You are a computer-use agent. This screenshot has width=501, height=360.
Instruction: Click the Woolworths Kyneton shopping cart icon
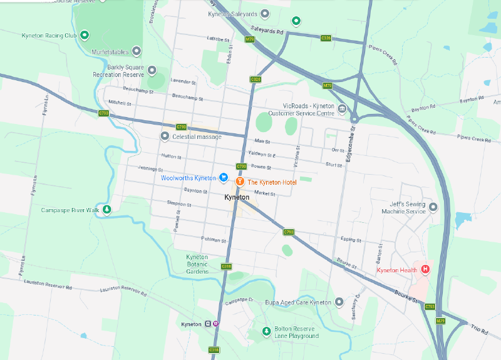(223, 178)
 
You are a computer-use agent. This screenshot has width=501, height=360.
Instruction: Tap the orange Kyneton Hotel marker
(239, 182)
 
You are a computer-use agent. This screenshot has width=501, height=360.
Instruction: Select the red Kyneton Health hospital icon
(425, 269)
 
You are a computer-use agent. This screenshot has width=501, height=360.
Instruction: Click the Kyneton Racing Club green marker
(85, 35)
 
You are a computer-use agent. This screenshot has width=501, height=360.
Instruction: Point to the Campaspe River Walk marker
(107, 210)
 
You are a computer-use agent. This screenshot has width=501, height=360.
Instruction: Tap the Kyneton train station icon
(208, 324)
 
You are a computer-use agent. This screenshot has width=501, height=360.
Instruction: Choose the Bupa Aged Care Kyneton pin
(339, 302)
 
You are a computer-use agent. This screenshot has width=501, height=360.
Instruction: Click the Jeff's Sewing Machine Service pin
(433, 206)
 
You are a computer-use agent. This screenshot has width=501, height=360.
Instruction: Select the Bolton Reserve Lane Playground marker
(266, 331)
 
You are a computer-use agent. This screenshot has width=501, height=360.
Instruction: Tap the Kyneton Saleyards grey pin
(265, 13)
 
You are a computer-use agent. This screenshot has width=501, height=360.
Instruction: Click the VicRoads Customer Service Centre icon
(342, 110)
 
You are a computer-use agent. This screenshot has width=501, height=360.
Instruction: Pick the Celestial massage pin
(165, 136)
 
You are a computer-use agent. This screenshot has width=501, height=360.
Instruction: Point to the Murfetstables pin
(136, 51)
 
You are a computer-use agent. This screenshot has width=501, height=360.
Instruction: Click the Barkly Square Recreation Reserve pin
(152, 70)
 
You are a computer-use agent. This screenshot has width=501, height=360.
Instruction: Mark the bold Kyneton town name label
(237, 197)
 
